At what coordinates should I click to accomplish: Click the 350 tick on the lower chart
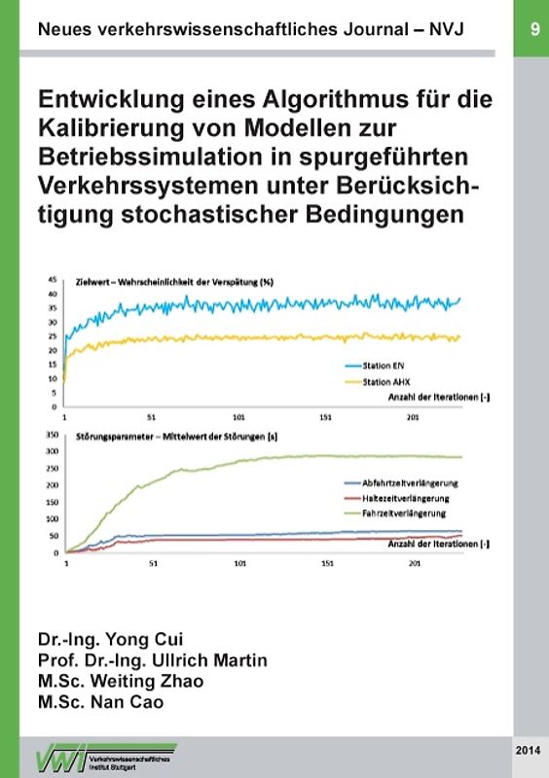point(52,439)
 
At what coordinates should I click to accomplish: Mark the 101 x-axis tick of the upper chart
point(239,416)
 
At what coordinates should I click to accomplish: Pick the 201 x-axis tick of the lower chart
point(414,563)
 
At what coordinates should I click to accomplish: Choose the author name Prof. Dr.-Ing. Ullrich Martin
point(152,661)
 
